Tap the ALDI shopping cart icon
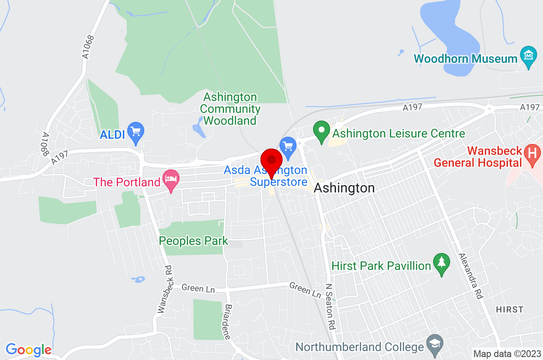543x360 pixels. pos(136,131)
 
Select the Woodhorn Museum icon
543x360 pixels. pos(528,56)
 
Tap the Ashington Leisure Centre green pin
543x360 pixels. pos(321,130)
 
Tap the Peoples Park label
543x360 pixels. pos(193,241)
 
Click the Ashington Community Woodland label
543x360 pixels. pos(230,109)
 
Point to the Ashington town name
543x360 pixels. pos(344,188)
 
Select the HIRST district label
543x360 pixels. pos(509,309)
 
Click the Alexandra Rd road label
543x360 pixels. pos(471,276)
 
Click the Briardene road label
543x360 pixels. pos(228,321)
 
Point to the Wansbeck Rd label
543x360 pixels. pos(165,290)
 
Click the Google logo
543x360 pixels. pos(28,350)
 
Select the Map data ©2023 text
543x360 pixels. pos(507,354)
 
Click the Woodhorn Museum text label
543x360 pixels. pos(465,59)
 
